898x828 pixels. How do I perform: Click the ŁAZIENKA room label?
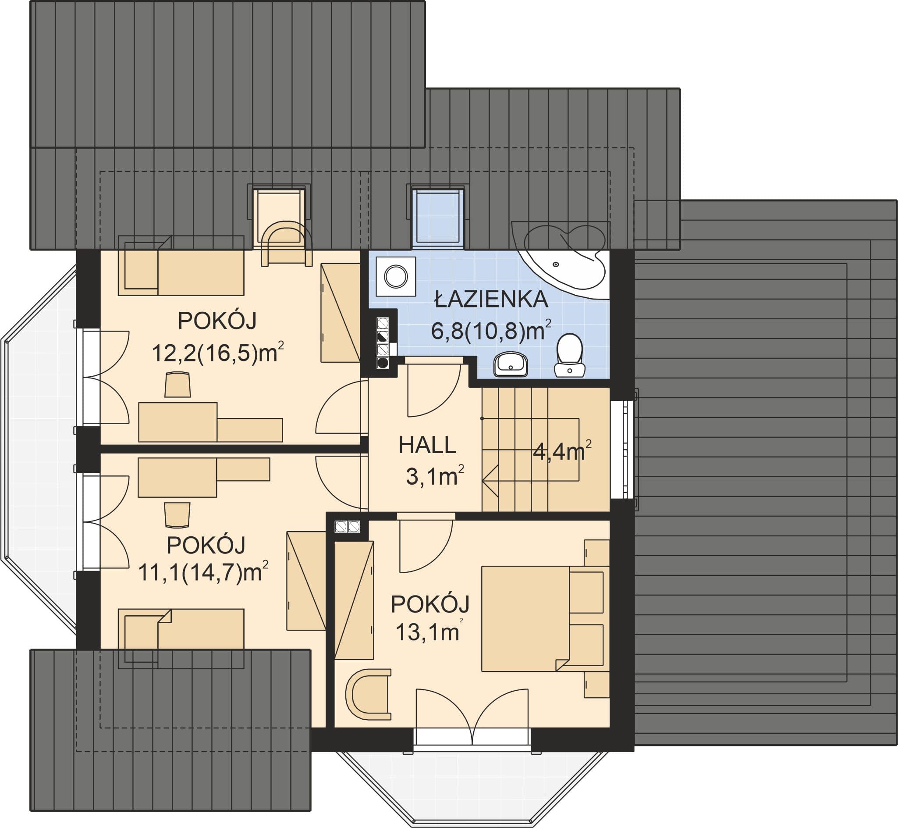click(492, 300)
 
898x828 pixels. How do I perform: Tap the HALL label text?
click(427, 446)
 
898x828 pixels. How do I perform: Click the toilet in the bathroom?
click(569, 355)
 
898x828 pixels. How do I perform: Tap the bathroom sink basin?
click(511, 364)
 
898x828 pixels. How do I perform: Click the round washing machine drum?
click(396, 276)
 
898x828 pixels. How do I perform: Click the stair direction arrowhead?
click(490, 480)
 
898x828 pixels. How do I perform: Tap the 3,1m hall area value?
click(435, 476)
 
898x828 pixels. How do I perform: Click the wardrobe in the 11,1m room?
click(306, 581)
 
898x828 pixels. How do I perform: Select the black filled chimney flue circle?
click(383, 363)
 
